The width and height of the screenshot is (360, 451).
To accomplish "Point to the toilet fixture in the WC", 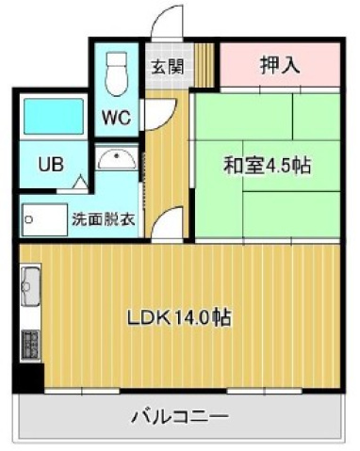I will point(116,71).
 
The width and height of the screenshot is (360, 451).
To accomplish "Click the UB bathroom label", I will point(51,163).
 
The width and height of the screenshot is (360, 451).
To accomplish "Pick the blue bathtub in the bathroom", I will point(50,116).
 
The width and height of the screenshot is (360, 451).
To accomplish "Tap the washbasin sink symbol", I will point(117,159).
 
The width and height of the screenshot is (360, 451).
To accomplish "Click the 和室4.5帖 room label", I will point(267,166).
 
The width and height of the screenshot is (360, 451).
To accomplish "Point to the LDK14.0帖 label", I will point(180,317).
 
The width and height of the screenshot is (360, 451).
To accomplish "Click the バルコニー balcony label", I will point(179,415).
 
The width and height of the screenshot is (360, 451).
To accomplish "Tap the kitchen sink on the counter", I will point(29,282).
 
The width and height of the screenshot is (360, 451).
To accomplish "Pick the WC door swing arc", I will point(155,111).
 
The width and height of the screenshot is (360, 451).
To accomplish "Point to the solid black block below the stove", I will point(29,377).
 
